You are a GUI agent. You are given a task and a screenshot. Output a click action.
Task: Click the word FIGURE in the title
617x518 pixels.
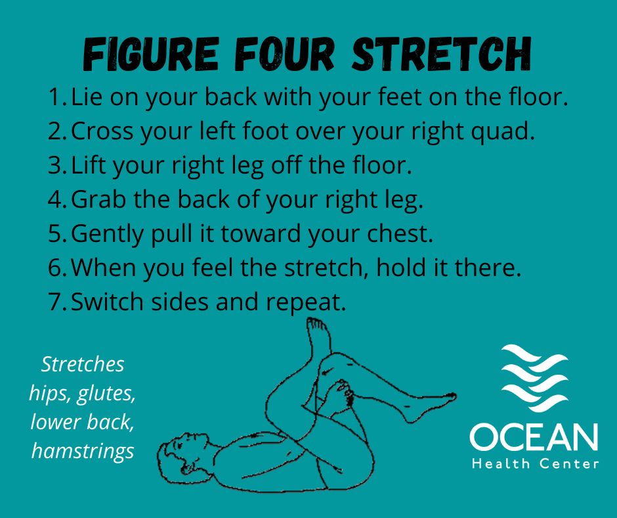click(x=151, y=54)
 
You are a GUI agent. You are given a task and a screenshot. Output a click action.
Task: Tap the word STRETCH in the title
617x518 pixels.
click(x=442, y=54)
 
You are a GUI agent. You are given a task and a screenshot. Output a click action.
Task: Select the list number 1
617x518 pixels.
click(x=57, y=97)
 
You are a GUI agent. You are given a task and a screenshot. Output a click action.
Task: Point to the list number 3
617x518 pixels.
click(x=57, y=166)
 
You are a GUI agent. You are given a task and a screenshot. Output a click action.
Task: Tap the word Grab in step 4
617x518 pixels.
click(x=98, y=199)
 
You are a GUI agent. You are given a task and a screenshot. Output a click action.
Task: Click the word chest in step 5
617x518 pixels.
click(x=399, y=233)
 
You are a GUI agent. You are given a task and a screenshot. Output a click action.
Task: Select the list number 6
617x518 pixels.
click(x=57, y=268)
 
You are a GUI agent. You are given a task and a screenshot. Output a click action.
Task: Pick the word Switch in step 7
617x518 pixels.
click(x=107, y=302)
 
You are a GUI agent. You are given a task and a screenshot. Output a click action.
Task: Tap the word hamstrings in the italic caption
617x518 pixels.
click(x=83, y=451)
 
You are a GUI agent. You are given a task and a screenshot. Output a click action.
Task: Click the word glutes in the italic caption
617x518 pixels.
click(x=106, y=393)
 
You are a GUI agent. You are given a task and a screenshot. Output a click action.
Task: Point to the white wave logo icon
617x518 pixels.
click(x=534, y=378)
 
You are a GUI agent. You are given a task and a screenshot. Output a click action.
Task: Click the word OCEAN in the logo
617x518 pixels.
click(x=534, y=437)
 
